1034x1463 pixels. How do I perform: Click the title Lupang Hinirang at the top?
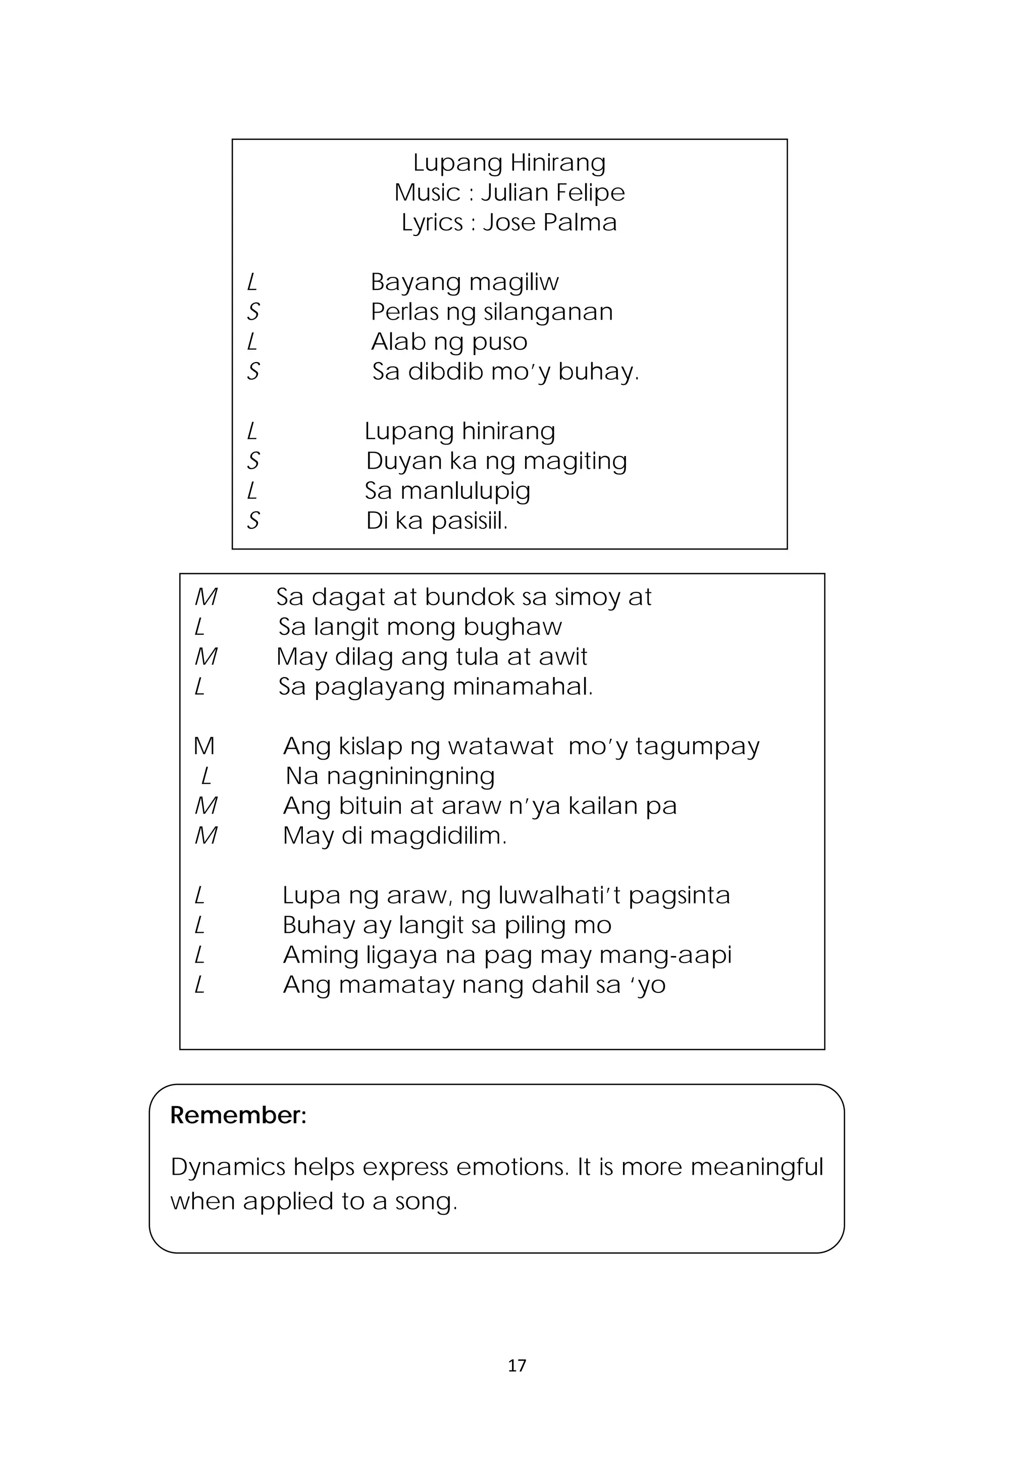[x=509, y=163]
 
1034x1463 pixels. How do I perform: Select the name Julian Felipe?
[x=552, y=192]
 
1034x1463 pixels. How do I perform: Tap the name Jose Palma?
[x=550, y=222]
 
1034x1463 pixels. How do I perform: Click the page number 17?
[x=516, y=1365]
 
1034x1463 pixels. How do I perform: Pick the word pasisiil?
[x=469, y=521]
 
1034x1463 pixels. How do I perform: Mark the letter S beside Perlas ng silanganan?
[x=253, y=312]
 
